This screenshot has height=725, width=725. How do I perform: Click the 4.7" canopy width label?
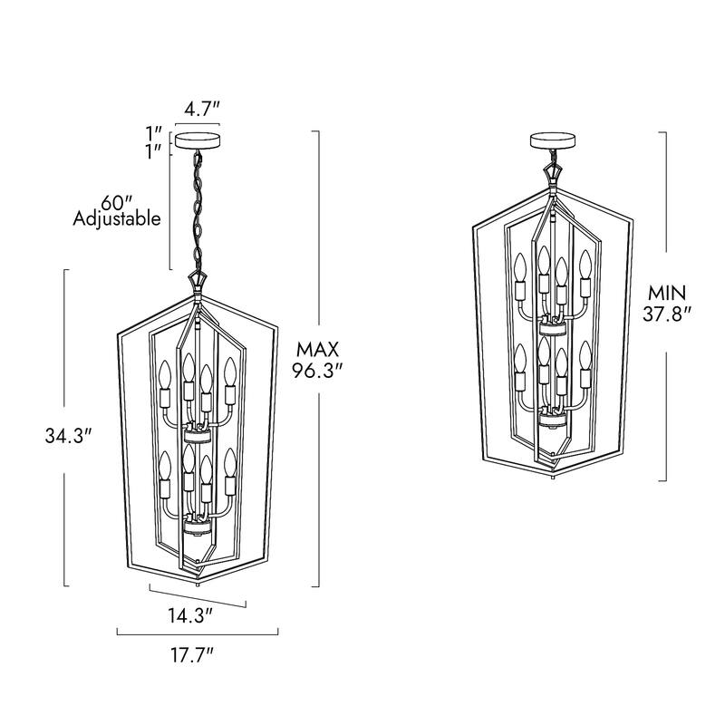coord(201,110)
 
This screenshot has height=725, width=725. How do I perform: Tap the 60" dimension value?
coord(117,202)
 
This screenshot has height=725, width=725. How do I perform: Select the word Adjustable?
coord(117,218)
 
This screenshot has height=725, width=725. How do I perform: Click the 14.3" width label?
coord(190,615)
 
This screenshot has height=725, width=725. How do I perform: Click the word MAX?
coord(318,350)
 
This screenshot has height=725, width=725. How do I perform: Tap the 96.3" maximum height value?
coord(318,371)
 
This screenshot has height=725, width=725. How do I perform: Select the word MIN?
coord(667,293)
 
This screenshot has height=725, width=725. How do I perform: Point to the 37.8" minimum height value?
coord(667,314)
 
